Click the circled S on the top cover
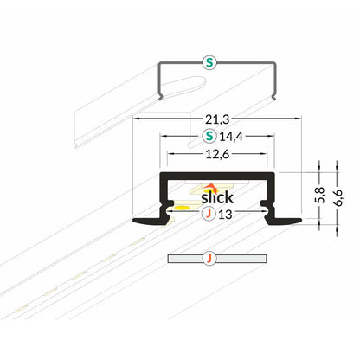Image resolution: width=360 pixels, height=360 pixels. pyautogui.click(x=208, y=61)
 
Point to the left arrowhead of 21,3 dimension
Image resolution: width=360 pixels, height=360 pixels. pyautogui.click(x=134, y=117)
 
